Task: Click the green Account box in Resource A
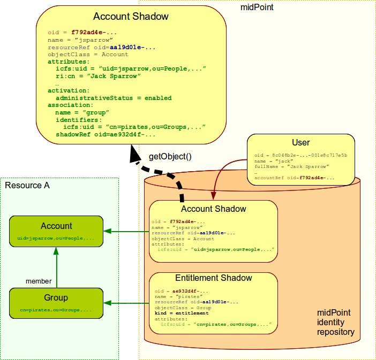pyautogui.click(x=56, y=231)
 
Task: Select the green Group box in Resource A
pyautogui.click(x=56, y=303)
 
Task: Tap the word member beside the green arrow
pyautogui.click(x=39, y=281)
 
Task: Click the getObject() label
pyautogui.click(x=170, y=157)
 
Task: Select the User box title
pyautogui.click(x=300, y=143)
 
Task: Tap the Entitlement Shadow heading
pyautogui.click(x=213, y=278)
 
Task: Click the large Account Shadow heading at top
pyautogui.click(x=131, y=17)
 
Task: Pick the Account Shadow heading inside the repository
pyautogui.click(x=213, y=209)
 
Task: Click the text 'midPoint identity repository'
pyautogui.click(x=335, y=322)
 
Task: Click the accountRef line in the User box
pyautogui.click(x=295, y=178)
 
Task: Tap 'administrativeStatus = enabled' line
pyautogui.click(x=114, y=98)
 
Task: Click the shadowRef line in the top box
pyautogui.click(x=99, y=135)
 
